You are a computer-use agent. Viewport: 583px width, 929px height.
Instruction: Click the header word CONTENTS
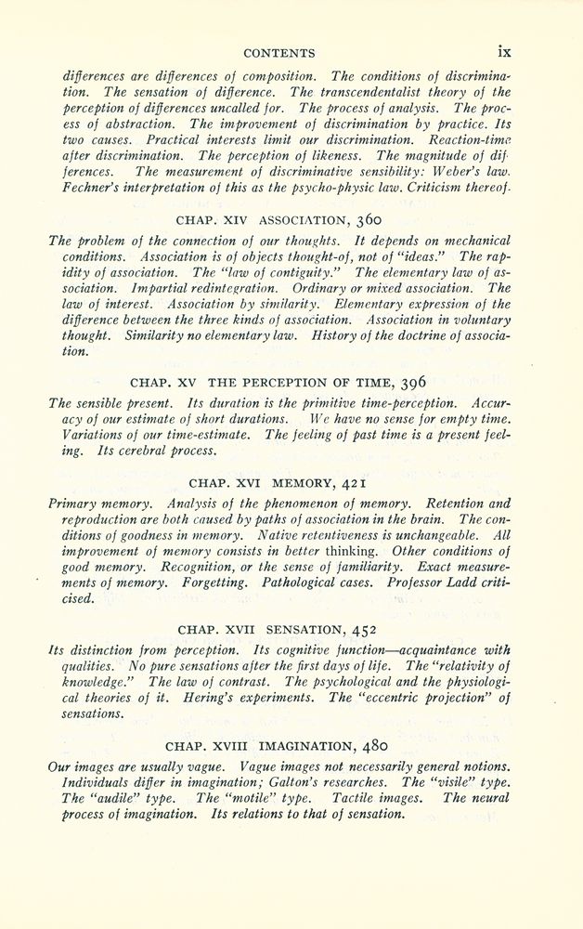click(x=278, y=53)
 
